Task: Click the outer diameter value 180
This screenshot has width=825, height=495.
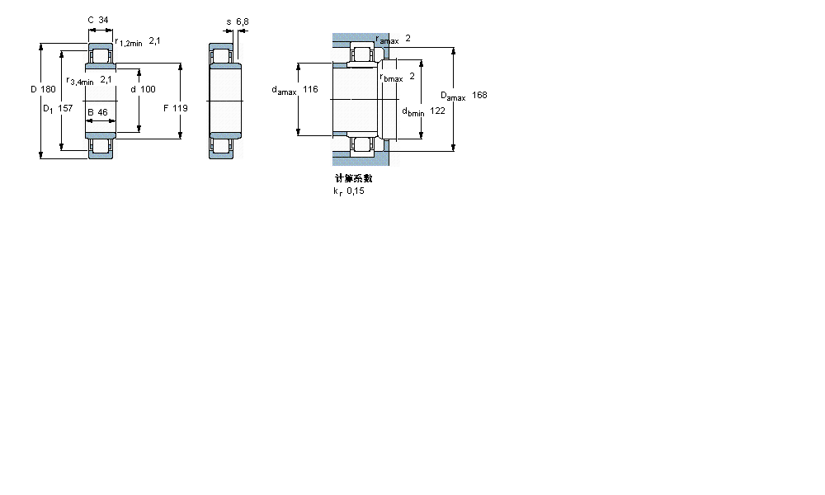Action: click(49, 89)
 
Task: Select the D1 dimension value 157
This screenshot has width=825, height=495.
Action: click(65, 107)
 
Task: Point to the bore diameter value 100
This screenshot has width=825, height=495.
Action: click(148, 89)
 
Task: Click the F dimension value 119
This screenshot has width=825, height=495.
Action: click(181, 107)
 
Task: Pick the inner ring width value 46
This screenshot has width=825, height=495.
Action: click(102, 112)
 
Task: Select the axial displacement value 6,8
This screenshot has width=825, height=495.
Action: click(242, 21)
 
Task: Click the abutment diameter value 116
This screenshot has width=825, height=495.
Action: click(310, 89)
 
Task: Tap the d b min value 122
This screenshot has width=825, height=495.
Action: click(437, 111)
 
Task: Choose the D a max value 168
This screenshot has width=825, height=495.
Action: click(479, 95)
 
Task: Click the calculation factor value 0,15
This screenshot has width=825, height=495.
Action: click(355, 191)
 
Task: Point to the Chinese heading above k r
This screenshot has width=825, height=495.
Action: click(353, 178)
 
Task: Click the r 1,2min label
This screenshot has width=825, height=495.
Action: click(128, 41)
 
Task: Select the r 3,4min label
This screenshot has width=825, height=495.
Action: click(80, 81)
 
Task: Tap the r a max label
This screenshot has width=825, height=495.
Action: click(387, 40)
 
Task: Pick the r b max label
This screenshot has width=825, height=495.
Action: click(391, 78)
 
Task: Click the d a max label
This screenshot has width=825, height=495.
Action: click(284, 90)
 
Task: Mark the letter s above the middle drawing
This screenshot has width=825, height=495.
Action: click(229, 21)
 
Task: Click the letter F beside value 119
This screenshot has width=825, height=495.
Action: click(166, 107)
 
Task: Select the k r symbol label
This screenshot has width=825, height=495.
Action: click(337, 191)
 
